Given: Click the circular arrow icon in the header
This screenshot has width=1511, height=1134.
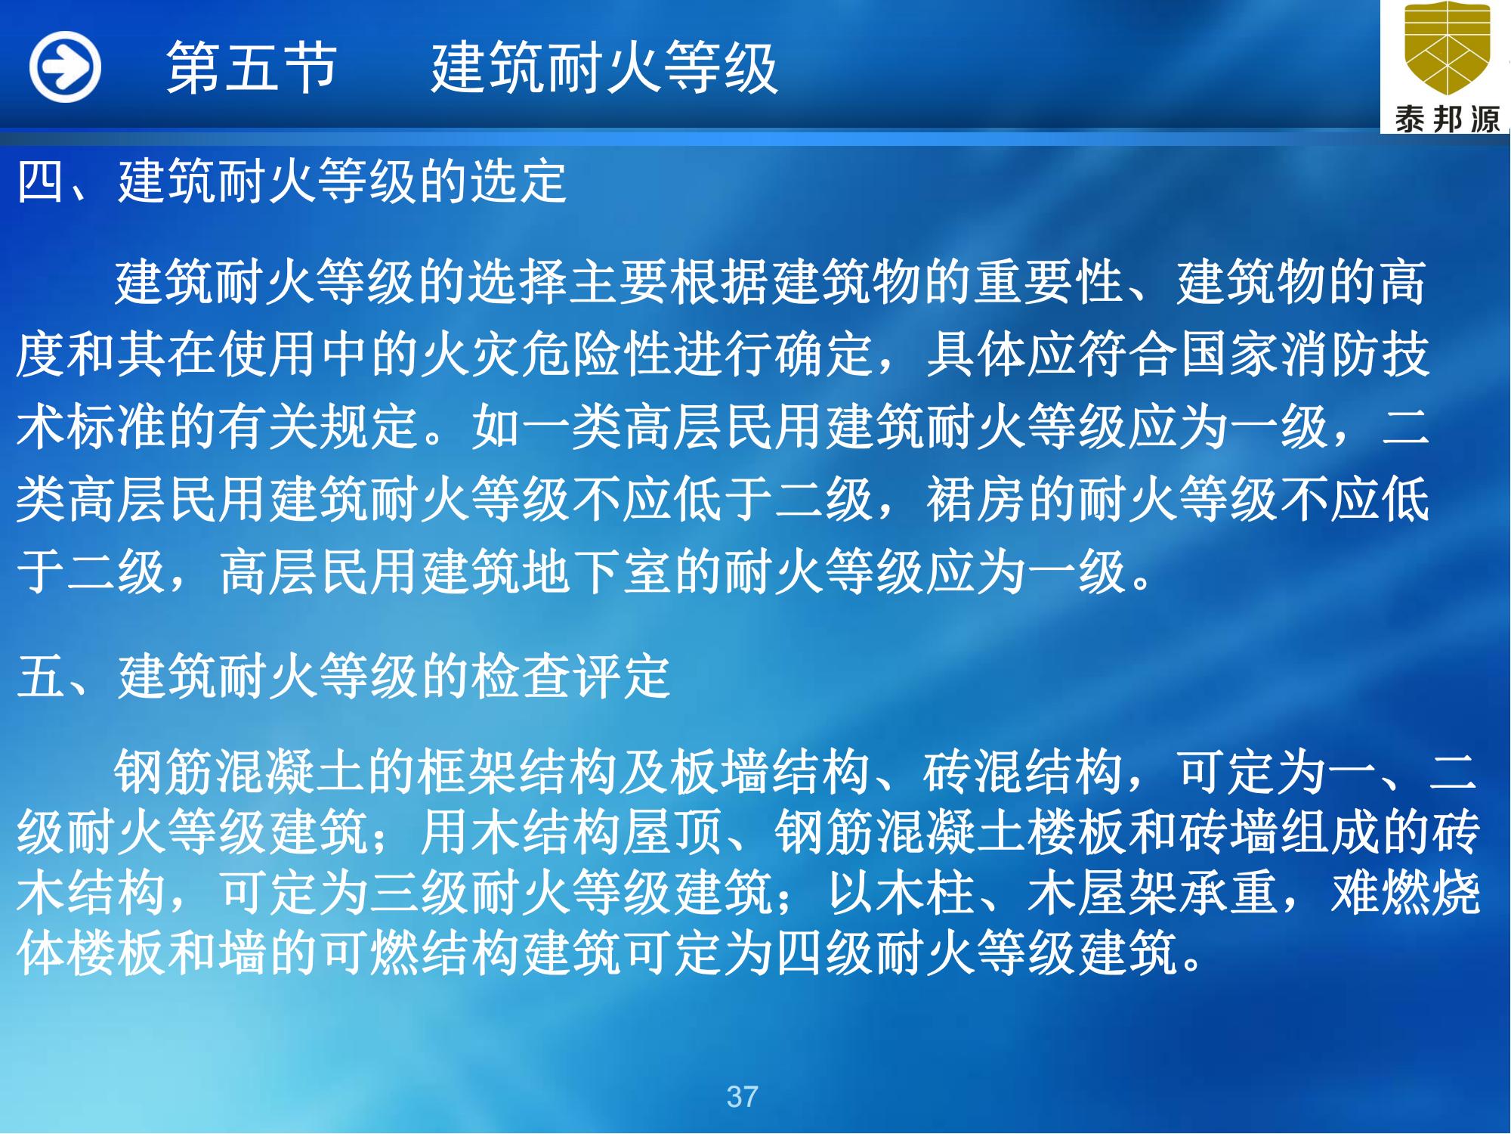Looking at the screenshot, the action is click(65, 67).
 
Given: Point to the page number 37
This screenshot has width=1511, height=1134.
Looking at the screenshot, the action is click(742, 1096).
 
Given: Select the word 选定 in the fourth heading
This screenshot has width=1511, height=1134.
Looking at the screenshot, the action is click(518, 181).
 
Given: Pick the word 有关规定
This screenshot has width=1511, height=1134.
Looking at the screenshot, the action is click(318, 426).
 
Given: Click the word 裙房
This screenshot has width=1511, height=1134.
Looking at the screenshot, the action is click(975, 499).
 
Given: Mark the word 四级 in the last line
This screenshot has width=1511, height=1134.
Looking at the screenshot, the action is click(824, 954).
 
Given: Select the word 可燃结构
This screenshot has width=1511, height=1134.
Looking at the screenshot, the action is click(419, 954).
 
